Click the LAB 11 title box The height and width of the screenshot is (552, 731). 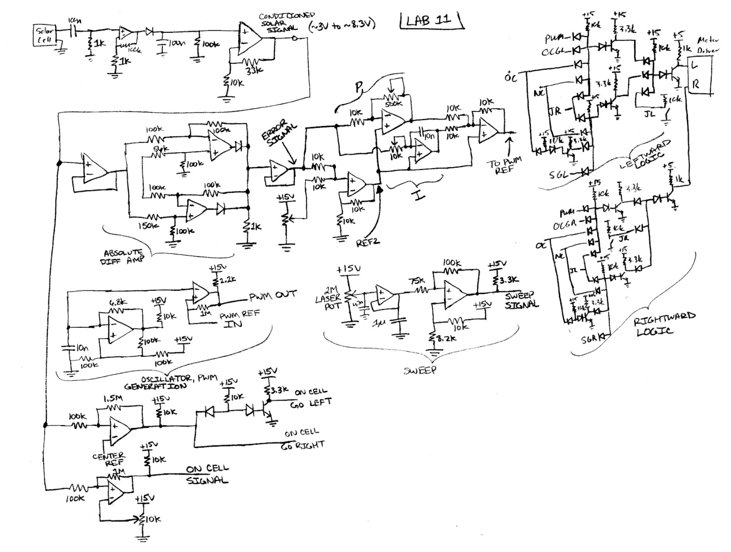click(x=431, y=20)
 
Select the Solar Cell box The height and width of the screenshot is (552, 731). click(x=44, y=35)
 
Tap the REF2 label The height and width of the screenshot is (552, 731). click(x=368, y=242)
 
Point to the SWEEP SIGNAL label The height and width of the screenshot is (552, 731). click(x=521, y=300)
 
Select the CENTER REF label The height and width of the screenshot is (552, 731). click(x=109, y=459)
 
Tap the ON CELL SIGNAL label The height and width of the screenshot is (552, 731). click(x=207, y=474)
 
